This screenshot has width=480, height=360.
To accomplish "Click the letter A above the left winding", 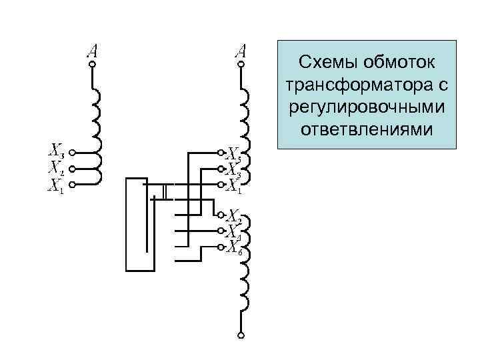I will pos(93,51).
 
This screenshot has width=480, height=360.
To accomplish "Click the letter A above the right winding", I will pos(241,51).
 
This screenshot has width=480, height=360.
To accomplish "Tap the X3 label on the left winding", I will pos(57,151).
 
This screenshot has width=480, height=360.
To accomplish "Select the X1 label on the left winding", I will pos(56,185).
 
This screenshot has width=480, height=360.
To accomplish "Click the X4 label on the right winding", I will pos(233,233).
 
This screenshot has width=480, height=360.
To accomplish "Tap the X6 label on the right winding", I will pos(233,249).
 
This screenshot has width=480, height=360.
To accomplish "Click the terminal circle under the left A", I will pos(93,65).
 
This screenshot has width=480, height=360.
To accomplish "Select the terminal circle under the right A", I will pos(241,65).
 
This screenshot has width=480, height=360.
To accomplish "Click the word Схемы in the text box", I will pos(328,62).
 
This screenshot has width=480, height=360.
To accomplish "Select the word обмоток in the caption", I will pos(400,62).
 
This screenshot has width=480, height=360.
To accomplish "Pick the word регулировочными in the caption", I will pos(367,106).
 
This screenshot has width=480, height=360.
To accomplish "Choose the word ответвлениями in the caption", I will pos(366,127).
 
